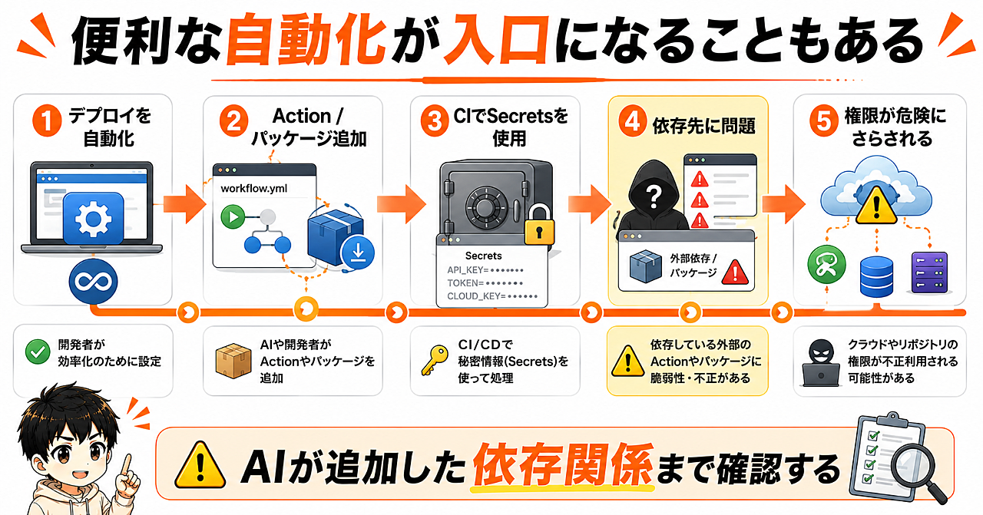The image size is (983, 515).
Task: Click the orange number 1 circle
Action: coord(47,120)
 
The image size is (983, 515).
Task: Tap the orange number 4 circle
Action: coord(632,121)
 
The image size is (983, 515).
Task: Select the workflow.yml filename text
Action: coord(253,189)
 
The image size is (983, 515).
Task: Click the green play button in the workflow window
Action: coord(233,216)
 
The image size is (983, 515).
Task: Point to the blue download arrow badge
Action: coord(358,253)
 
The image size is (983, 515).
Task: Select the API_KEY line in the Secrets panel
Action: coord(485,270)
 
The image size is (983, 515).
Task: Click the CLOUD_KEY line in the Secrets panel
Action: coord(492,296)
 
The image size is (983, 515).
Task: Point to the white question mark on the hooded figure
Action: coord(654,196)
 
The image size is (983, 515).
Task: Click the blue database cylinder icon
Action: coord(876,277)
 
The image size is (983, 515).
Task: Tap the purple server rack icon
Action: coord(929,272)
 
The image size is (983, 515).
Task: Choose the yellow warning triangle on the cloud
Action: coord(876,206)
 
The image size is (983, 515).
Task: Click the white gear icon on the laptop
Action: coord(93,219)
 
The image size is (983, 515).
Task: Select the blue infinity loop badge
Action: coord(93,281)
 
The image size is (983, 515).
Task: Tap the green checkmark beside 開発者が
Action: coord(38,352)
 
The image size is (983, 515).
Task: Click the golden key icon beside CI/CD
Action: coord(435,360)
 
